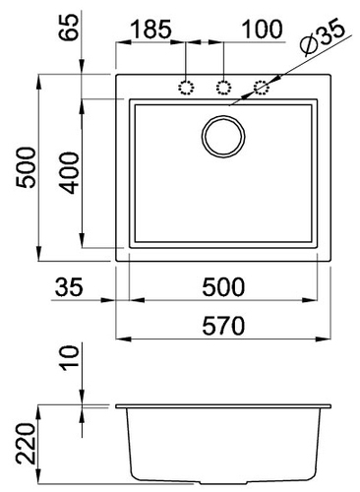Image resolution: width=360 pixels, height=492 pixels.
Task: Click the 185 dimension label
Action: click(151, 29)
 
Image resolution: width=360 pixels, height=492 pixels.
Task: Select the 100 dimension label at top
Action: click(262, 30)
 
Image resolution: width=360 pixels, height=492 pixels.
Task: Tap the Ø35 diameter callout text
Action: click(323, 38)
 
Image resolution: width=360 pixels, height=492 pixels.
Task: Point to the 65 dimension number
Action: click(69, 27)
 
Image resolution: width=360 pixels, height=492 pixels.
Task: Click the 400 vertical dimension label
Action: click(69, 172)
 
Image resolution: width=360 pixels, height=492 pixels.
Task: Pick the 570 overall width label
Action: click(223, 325)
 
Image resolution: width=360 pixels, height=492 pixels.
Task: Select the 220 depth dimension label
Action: click(26, 444)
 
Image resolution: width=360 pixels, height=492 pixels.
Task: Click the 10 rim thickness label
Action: click(70, 358)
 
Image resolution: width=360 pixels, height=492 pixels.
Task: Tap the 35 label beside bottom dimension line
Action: click(69, 286)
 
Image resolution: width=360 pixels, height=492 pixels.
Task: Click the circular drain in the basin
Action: click(223, 137)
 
